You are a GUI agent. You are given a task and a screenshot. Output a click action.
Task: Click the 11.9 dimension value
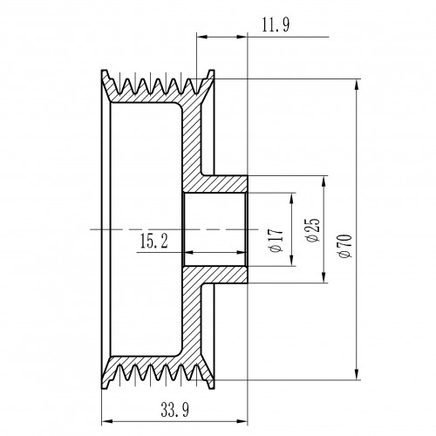click(x=276, y=25)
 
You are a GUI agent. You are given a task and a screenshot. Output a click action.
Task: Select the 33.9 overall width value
click(x=174, y=410)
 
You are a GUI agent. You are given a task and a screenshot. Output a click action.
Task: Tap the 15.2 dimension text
click(x=153, y=242)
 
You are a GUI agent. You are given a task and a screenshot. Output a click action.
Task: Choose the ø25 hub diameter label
click(x=313, y=229)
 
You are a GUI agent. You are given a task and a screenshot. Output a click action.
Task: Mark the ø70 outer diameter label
click(x=345, y=246)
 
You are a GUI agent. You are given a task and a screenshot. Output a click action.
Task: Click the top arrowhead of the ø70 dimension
click(x=357, y=85)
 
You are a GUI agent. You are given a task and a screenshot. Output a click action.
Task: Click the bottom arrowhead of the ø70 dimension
click(x=357, y=374)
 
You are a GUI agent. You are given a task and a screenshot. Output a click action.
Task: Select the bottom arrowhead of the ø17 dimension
click(x=291, y=260)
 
